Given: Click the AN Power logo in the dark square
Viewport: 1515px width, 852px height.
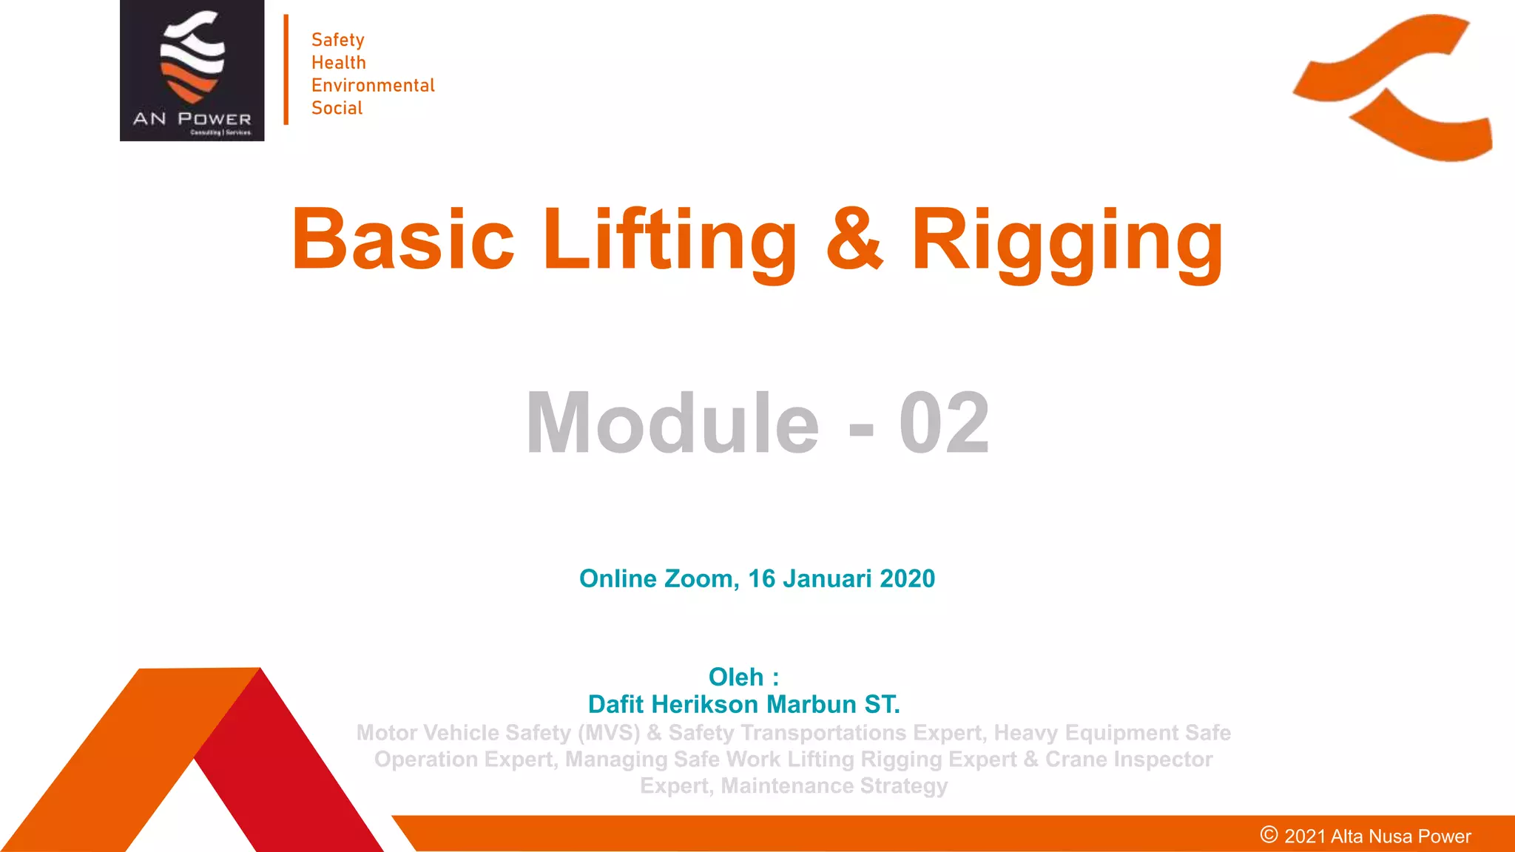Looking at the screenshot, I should point(192,70).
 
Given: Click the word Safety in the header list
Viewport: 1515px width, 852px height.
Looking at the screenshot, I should point(337,40).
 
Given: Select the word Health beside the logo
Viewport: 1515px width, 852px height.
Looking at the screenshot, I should point(338,63).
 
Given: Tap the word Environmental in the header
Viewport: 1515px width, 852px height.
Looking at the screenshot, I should point(373,86).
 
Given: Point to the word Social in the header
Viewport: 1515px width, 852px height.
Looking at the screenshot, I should point(337,108).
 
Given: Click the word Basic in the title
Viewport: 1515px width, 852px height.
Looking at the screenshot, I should point(402,240).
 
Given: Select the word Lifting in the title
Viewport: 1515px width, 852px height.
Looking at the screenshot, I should point(669,240).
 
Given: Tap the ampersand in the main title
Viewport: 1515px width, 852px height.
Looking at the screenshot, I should point(854,240).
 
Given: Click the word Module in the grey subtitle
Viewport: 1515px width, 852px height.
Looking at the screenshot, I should point(672,423).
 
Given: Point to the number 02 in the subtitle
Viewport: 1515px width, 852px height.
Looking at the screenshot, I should point(944,423).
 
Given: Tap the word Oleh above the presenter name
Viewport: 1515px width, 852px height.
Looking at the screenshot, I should point(735,677).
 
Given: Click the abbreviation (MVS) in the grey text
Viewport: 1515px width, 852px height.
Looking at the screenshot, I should point(609,732).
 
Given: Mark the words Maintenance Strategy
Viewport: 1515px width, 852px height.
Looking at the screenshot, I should point(834,785).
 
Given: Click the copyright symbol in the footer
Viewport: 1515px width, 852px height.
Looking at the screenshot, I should point(1269,835).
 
